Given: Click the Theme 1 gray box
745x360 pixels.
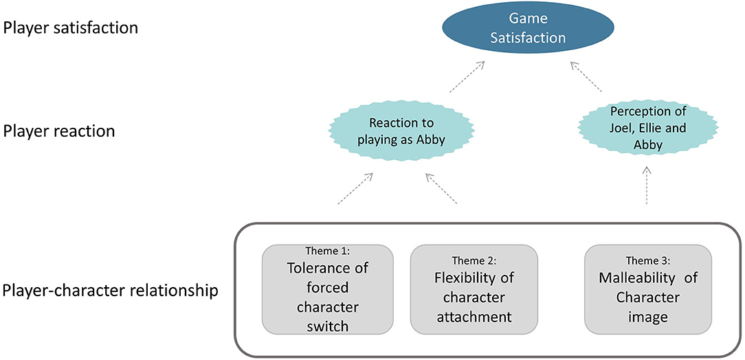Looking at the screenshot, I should coord(327,289).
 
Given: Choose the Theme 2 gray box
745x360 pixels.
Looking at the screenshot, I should coord(474,289).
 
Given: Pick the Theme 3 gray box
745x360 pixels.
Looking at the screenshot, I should coord(647,289).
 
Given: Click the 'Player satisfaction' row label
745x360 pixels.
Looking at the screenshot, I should coord(71,29).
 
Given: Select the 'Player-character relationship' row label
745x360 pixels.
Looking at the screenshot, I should coord(110,291).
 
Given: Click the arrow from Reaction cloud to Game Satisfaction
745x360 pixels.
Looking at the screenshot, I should coord(466,76).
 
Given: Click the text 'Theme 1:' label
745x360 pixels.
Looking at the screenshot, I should coord(327,252).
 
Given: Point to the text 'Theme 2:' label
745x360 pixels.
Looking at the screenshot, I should coord(474,260).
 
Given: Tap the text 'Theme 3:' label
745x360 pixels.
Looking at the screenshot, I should coord(647,260).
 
